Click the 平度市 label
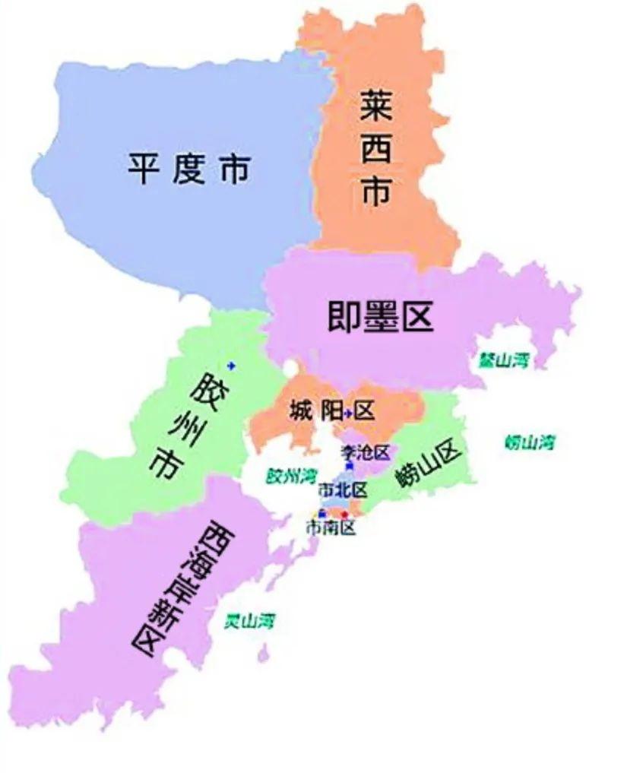point(188,169)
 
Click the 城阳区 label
point(332,412)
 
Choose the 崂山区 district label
point(429,464)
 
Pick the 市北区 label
point(343,488)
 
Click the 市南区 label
point(331,527)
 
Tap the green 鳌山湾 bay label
point(503,360)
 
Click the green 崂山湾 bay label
point(529,442)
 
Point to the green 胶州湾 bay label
point(291,477)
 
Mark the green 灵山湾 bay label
point(249,621)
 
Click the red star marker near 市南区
point(344,515)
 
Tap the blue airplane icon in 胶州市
point(231,366)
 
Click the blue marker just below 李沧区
point(349,465)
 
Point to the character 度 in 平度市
point(188,169)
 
